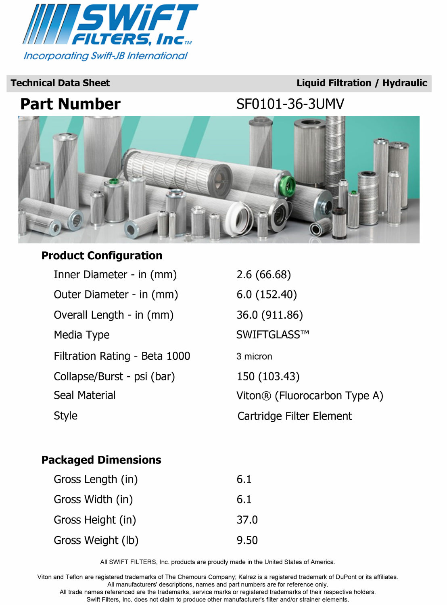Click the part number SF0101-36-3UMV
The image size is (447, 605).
click(290, 104)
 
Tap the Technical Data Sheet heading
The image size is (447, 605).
click(60, 83)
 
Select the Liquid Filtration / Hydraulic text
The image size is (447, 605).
click(361, 83)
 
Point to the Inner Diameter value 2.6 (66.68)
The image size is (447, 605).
click(263, 275)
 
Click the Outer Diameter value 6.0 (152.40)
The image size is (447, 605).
click(266, 295)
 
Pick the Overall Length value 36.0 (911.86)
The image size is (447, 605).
click(269, 315)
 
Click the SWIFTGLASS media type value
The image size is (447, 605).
click(272, 335)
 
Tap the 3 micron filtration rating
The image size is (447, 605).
click(254, 357)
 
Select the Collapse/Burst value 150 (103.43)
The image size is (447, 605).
click(268, 377)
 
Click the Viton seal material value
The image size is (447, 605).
click(309, 396)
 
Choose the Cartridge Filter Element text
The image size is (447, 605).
click(295, 416)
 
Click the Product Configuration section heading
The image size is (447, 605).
click(102, 256)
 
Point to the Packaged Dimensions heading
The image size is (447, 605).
click(101, 460)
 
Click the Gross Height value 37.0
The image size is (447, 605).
click(247, 520)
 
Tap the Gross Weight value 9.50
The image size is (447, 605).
click(247, 540)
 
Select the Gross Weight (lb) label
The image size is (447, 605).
click(96, 540)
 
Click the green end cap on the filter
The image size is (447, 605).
click(288, 186)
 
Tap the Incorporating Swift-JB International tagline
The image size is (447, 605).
click(106, 56)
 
